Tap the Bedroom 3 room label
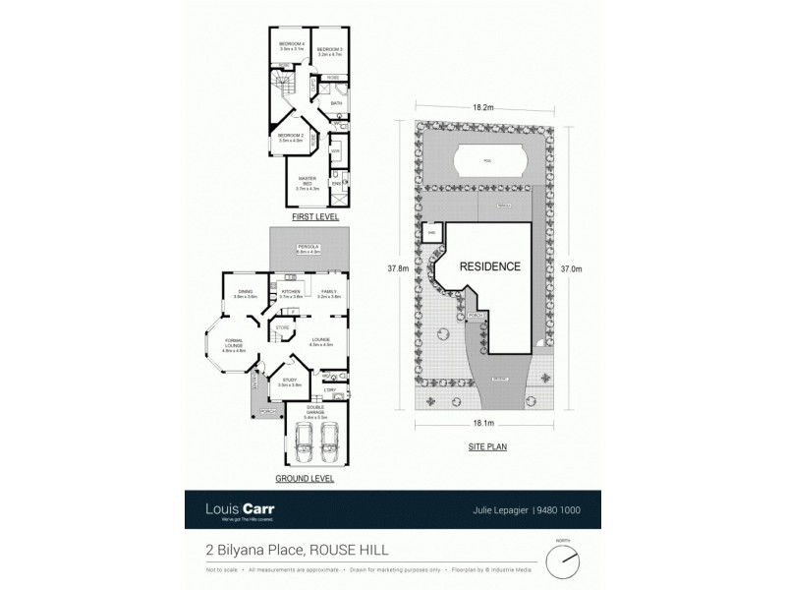click(328, 51)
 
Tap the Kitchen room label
click(290, 293)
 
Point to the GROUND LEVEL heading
click(306, 479)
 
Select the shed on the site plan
click(430, 233)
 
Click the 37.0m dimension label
click(569, 267)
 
